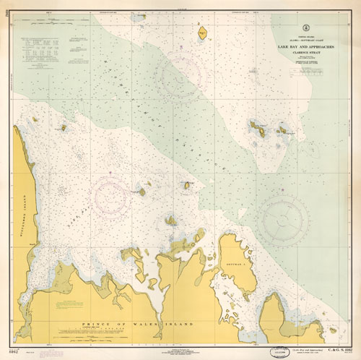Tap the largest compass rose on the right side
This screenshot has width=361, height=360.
click(x=283, y=218)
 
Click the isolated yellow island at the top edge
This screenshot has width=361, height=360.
click(x=202, y=32)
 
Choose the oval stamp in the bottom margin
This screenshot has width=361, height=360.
click(x=278, y=352)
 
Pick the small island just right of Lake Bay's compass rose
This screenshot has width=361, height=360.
click(x=142, y=192)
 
